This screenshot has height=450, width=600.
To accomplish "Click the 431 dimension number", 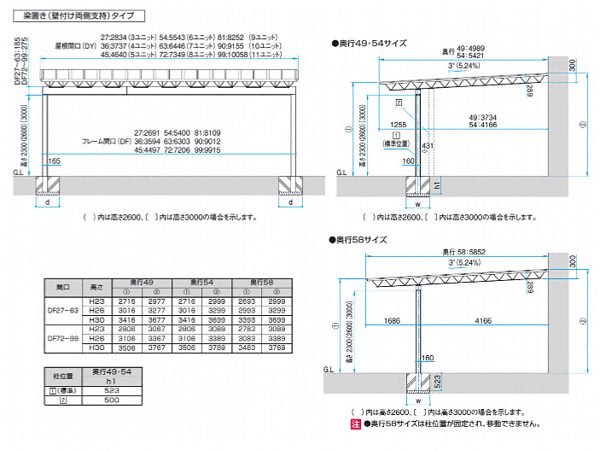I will pos(428,147).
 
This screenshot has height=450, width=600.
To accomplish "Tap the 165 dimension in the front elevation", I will pos(55,161).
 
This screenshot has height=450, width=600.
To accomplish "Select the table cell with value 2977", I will pos(156,302).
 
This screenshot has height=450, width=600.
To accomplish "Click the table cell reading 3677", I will pos(156,319).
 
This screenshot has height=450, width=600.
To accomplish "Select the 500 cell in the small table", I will pos(112,400).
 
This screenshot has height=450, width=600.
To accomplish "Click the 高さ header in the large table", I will pos(96,287).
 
